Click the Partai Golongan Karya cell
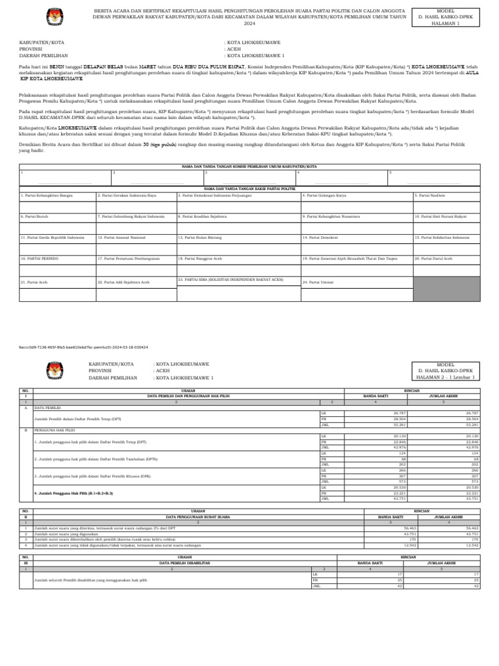(355, 195)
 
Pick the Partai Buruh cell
(57, 216)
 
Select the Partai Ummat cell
(355, 282)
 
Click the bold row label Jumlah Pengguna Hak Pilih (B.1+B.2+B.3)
(73, 494)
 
